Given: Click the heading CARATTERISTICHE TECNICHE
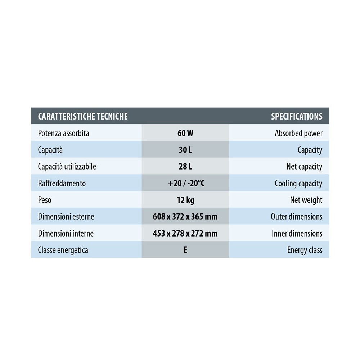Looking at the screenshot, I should click(x=83, y=116).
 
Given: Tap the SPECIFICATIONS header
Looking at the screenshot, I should click(x=297, y=116).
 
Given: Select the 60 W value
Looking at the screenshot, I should click(x=185, y=133).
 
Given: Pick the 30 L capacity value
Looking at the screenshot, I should click(x=185, y=150).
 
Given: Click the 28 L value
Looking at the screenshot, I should click(x=185, y=166).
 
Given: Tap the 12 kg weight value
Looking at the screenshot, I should click(x=185, y=200).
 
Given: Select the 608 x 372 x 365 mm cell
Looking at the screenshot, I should click(x=185, y=217).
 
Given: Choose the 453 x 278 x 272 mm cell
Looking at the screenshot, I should click(x=185, y=233).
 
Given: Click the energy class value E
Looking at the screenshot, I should click(x=185, y=250).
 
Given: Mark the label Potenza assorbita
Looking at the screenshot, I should click(x=64, y=133).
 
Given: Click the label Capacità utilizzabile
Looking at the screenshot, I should click(x=67, y=166).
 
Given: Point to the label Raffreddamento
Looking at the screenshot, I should click(x=62, y=183).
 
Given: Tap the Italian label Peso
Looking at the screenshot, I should click(x=45, y=200).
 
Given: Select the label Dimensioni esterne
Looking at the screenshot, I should click(x=66, y=217).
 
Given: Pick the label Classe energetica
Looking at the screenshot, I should click(x=63, y=250).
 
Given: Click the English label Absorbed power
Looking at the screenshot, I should click(x=298, y=133).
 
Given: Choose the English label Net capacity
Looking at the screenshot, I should click(x=304, y=166).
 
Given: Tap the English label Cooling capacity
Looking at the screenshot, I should click(x=298, y=183).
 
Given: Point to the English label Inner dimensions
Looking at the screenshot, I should click(x=297, y=233).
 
